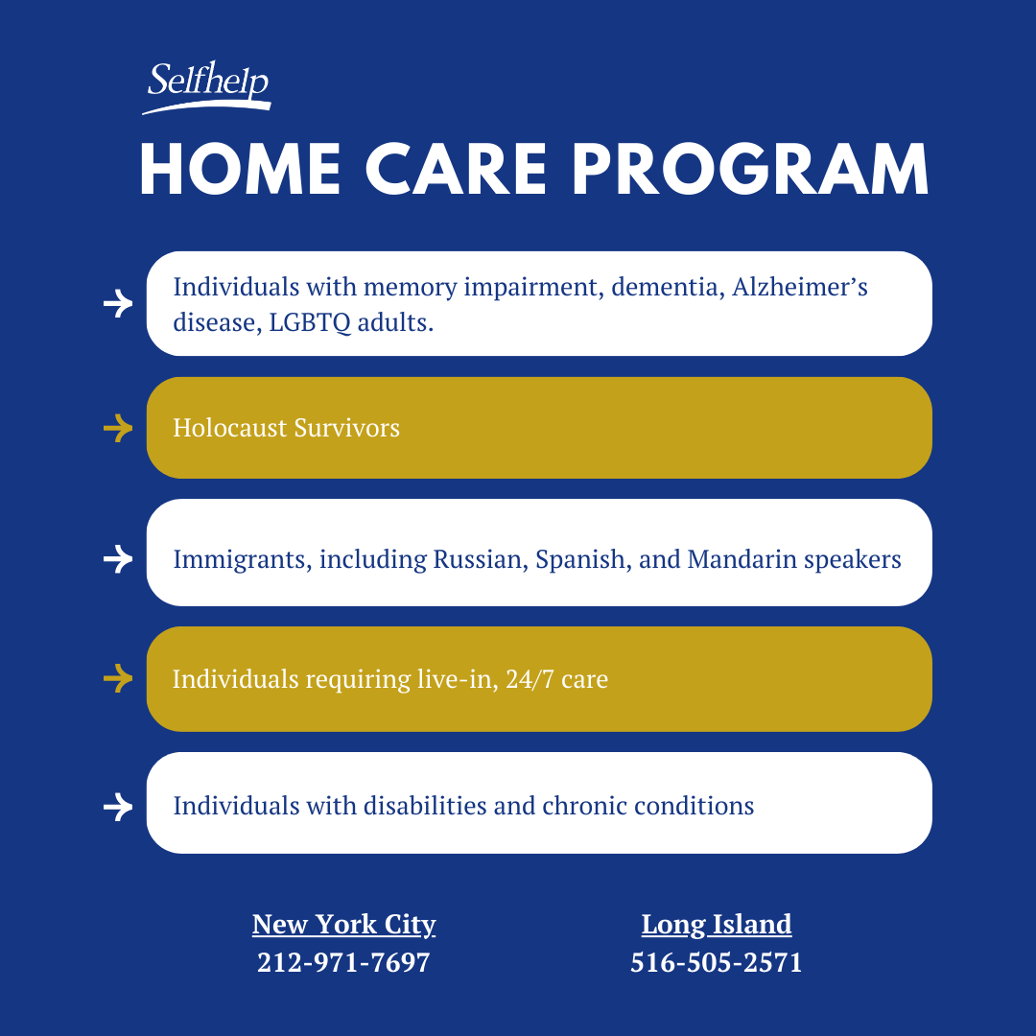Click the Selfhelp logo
tap(206, 87)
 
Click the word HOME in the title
tap(240, 170)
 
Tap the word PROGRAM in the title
tap(750, 170)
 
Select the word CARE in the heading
tap(456, 170)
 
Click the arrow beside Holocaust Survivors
tap(118, 428)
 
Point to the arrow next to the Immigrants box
tap(118, 559)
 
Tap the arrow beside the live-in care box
tap(118, 678)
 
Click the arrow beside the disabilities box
tap(118, 807)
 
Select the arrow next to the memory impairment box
tap(118, 303)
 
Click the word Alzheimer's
tap(799, 288)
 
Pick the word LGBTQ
tap(310, 323)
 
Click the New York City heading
tap(343, 925)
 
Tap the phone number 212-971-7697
tap(343, 963)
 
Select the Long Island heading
tap(717, 925)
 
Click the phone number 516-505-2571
tap(717, 963)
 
